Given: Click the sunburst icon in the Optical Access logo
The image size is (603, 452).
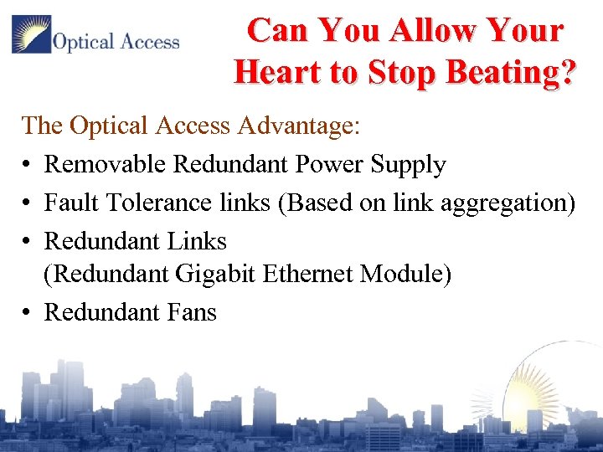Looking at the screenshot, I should click(x=31, y=35).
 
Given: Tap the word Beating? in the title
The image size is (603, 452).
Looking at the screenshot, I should click(x=513, y=72).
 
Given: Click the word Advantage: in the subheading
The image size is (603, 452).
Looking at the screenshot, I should click(x=298, y=126).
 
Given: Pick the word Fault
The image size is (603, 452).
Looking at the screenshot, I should click(x=67, y=203).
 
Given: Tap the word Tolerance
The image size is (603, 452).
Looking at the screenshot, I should click(x=154, y=203).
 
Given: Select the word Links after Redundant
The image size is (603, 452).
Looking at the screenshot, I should click(x=198, y=241).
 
